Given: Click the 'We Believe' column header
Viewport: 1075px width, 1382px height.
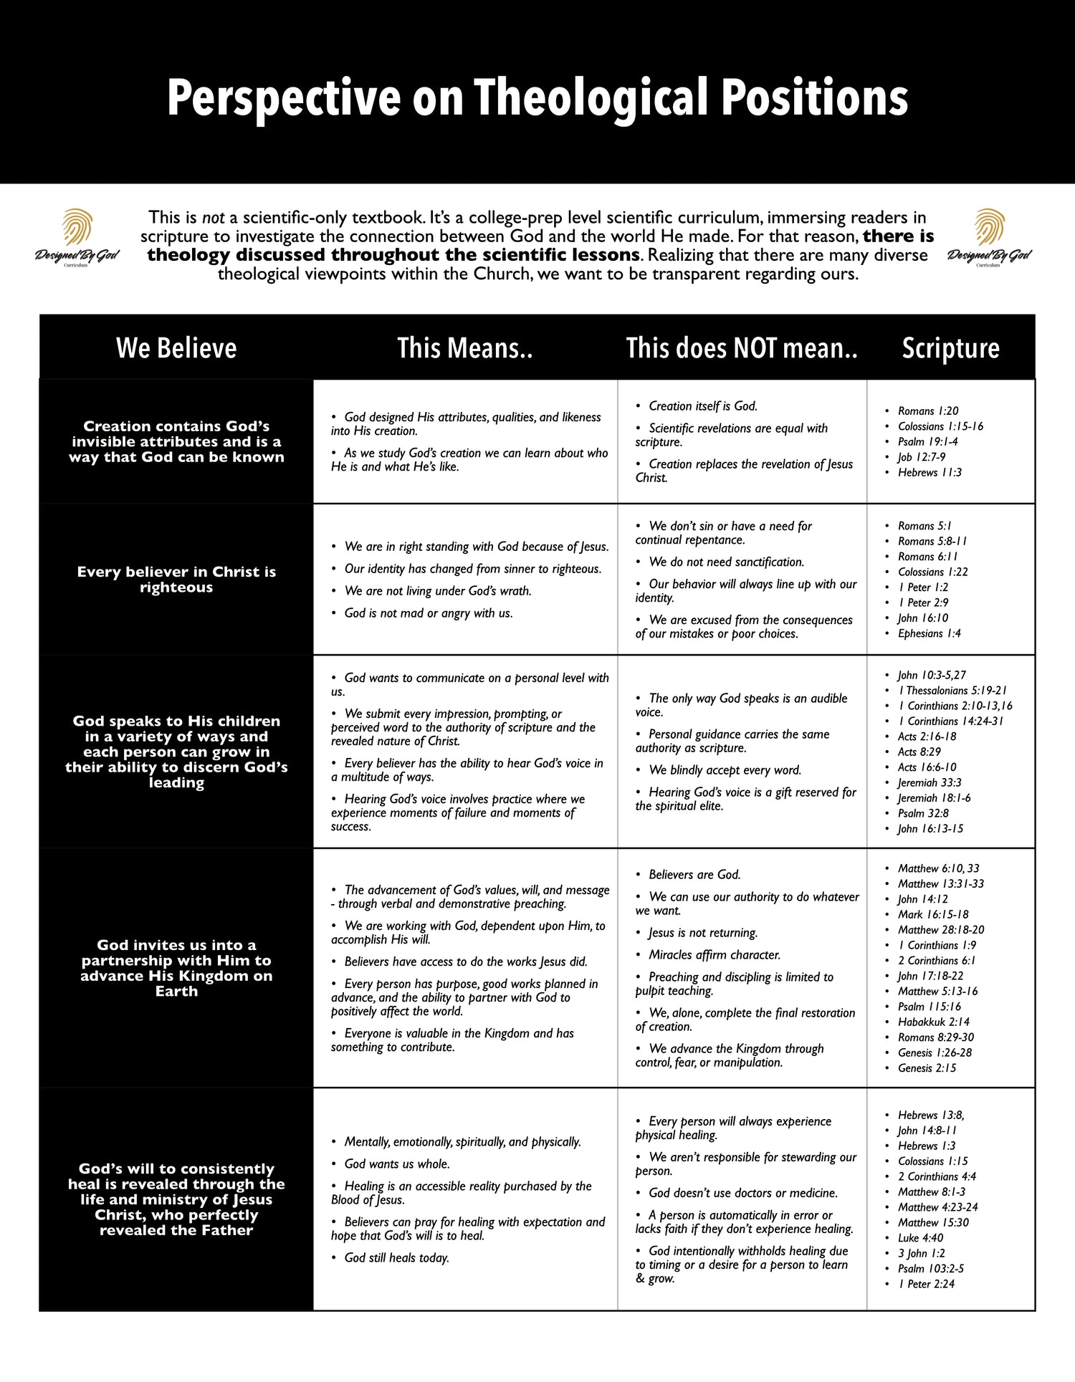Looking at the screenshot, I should tap(176, 348).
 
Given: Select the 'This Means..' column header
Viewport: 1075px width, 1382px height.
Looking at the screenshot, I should tap(465, 348).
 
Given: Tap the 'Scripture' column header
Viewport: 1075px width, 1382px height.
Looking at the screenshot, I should tap(950, 348).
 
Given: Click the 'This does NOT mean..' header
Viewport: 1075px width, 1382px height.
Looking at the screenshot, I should tap(742, 348).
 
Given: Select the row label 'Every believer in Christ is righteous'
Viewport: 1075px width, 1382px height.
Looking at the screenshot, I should tap(176, 580).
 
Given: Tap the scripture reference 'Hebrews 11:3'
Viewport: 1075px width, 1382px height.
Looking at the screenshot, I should tap(930, 472).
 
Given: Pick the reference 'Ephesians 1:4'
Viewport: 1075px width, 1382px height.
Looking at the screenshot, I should tap(929, 633).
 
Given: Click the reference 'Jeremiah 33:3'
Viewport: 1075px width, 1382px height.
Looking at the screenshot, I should tap(930, 782).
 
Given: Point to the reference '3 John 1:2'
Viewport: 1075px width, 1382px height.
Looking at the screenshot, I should tap(921, 1253).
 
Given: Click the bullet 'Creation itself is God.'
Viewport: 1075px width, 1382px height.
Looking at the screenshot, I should tap(702, 406).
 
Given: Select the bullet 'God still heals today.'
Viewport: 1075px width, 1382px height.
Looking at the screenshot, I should tap(396, 1258).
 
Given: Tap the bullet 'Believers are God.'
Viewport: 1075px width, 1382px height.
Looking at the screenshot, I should tap(694, 875).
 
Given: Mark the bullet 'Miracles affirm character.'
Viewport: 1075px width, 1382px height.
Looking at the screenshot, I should tap(714, 955).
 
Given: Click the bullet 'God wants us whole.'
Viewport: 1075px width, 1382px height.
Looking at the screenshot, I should tap(396, 1164).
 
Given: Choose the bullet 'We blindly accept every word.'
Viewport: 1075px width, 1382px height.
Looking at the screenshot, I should tap(725, 770).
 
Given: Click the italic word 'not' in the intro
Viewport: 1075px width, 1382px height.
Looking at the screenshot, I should tap(214, 218).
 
